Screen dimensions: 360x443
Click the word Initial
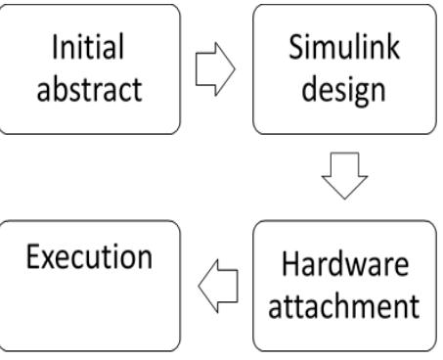[91, 48]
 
